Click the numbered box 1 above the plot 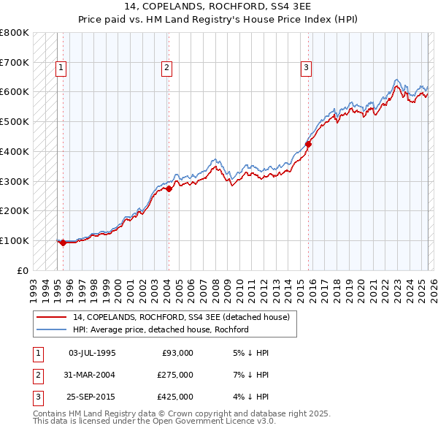coord(61,69)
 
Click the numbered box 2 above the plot coord(166,69)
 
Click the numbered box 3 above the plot coord(306,69)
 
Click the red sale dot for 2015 coord(308,144)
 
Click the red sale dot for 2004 coord(169,188)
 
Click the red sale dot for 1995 coord(63,243)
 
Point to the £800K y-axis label coord(15,33)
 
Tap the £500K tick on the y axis coord(15,122)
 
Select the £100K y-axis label coord(15,240)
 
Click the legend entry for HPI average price coord(161,329)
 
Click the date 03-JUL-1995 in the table coord(92,353)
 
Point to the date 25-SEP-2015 coord(92,397)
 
